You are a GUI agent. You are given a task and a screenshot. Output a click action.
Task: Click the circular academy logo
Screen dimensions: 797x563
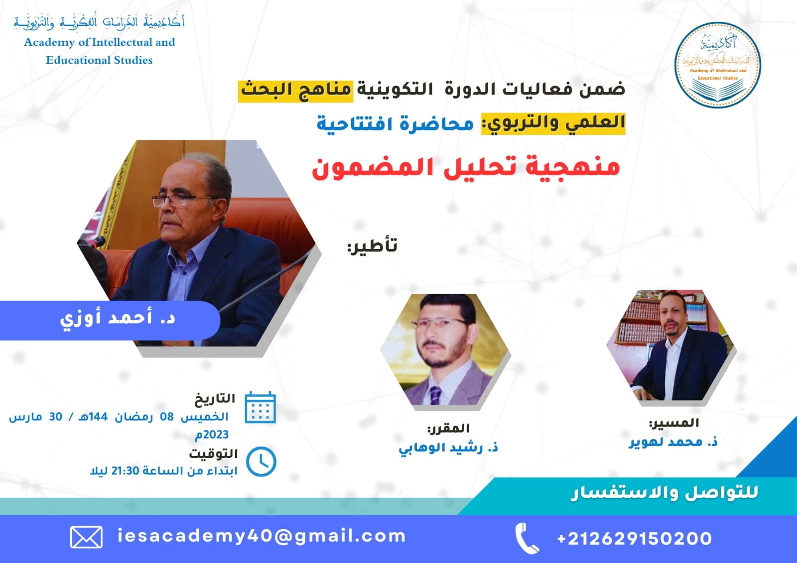(x=717, y=65)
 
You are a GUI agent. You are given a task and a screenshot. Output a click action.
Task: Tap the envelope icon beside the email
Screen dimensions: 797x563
(x=87, y=537)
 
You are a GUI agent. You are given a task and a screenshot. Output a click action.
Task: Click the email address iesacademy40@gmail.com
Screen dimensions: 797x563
(x=262, y=536)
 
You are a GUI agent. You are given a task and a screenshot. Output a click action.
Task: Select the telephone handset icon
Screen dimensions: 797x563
(x=527, y=538)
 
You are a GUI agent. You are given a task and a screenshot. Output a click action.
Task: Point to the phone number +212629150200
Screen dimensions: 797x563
(x=635, y=539)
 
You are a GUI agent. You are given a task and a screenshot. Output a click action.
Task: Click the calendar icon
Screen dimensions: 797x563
(x=261, y=407)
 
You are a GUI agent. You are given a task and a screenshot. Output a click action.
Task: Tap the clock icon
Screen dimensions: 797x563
(x=261, y=461)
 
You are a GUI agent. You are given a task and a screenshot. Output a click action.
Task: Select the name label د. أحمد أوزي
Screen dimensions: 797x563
(x=118, y=319)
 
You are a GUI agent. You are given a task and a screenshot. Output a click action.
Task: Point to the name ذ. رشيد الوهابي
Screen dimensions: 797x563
(x=448, y=448)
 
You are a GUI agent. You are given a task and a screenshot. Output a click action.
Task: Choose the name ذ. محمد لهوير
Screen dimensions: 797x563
(x=673, y=442)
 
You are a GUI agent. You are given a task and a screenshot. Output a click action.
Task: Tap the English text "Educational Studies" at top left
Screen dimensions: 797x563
(x=99, y=60)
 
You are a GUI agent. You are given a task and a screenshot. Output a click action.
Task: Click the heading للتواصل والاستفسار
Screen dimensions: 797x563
(x=664, y=493)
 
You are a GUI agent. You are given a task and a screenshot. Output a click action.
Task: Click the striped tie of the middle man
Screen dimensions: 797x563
(x=435, y=395)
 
